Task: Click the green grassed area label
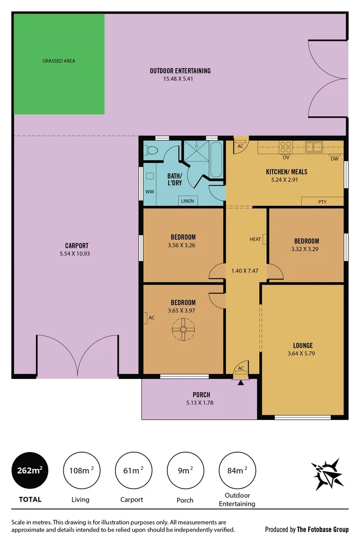[x=58, y=61]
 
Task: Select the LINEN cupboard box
[x=187, y=201]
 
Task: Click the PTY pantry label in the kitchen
[x=322, y=202]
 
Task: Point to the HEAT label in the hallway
[x=255, y=239]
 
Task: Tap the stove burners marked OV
[x=286, y=147]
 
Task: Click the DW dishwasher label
[x=334, y=159]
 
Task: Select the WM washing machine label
[x=149, y=191]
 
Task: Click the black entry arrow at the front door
[x=241, y=383]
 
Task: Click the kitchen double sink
[x=314, y=147]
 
